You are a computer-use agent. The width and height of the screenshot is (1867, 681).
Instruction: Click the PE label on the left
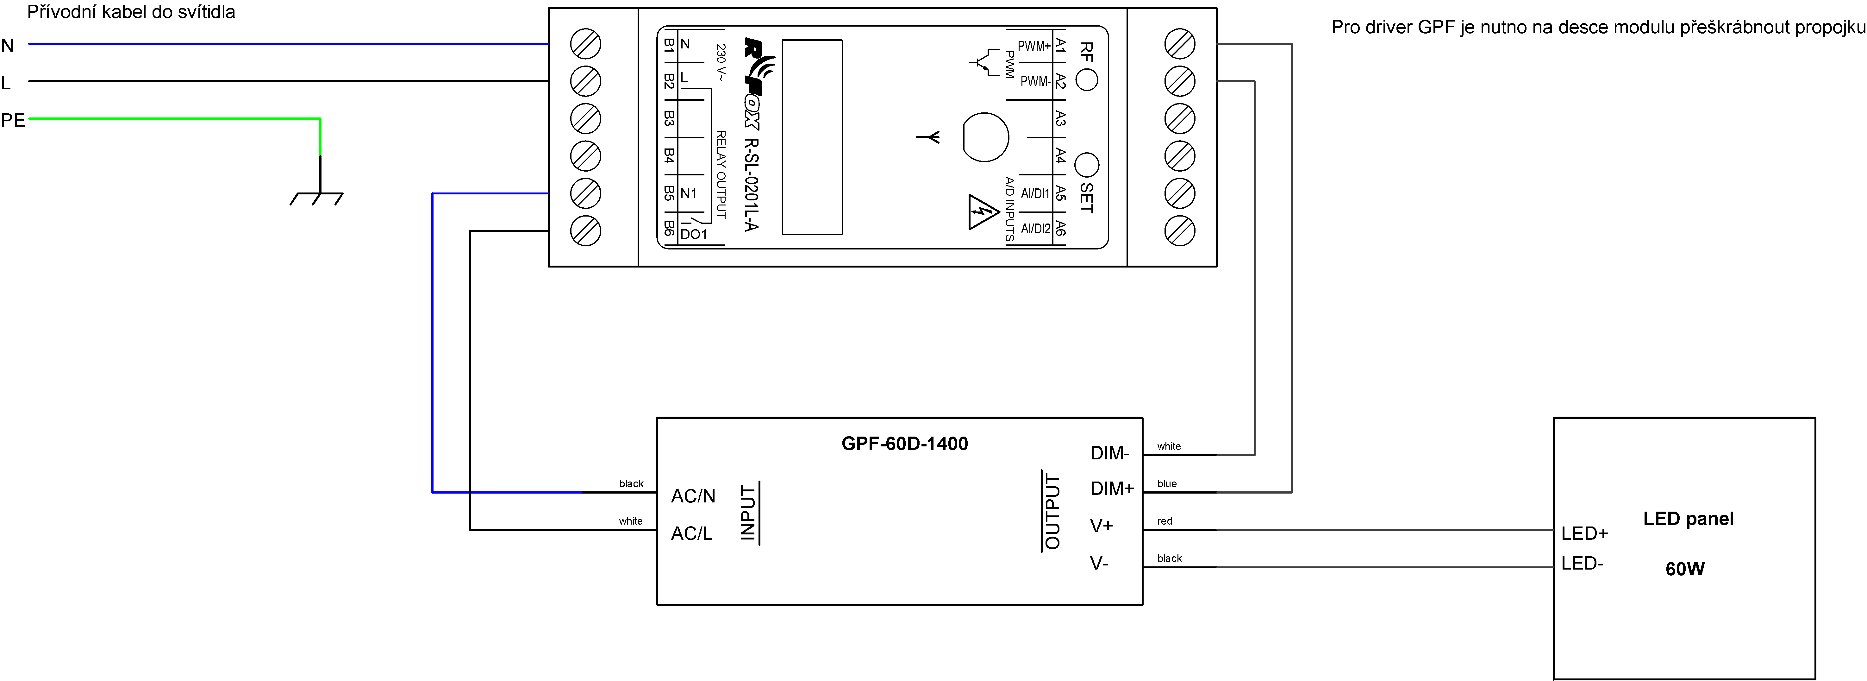(13, 120)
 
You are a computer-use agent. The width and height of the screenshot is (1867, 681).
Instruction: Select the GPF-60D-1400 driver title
(904, 444)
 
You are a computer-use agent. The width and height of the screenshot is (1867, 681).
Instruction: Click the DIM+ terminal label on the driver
(1111, 489)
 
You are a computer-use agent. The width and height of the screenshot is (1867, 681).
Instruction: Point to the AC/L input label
(691, 534)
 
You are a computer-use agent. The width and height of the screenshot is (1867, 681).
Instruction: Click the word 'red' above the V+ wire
(1165, 521)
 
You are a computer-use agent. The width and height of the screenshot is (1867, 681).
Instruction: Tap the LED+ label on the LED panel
(1584, 534)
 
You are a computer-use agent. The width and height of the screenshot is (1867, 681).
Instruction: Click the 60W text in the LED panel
(1684, 569)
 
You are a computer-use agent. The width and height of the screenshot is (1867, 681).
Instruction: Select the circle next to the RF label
(1086, 80)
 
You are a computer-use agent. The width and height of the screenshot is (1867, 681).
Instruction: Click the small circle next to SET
(1086, 165)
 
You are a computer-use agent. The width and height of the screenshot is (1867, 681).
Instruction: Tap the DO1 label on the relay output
(693, 234)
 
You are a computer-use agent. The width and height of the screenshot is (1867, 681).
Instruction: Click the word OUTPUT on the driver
(1052, 511)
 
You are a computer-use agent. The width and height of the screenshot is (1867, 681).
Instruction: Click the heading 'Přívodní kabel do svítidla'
(131, 12)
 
